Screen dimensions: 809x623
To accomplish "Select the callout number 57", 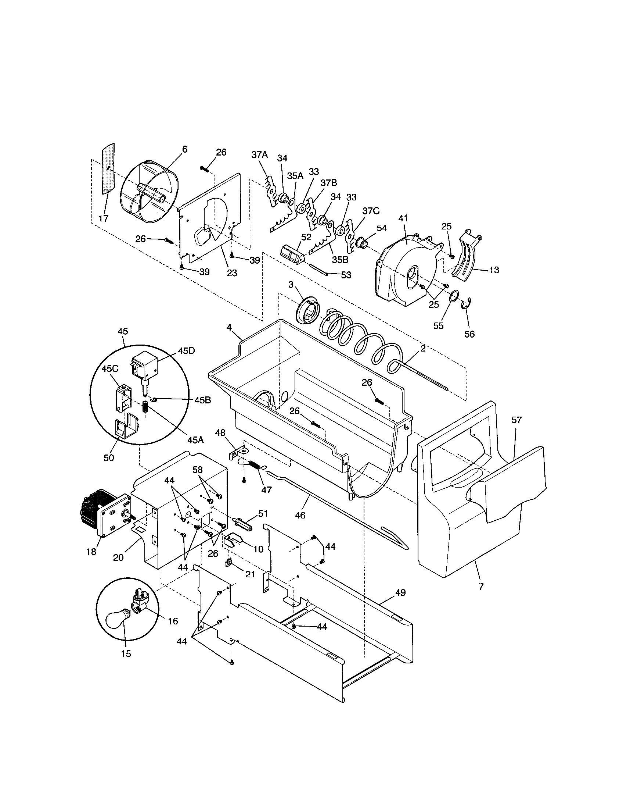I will [x=516, y=420].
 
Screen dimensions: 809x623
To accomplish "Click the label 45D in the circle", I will [x=186, y=351].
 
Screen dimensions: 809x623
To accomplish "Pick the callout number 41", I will [x=403, y=218].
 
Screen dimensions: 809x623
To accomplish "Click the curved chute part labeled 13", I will [x=468, y=256].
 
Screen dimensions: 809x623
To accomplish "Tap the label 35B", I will [x=340, y=260].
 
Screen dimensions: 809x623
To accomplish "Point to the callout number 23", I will [x=232, y=273].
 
